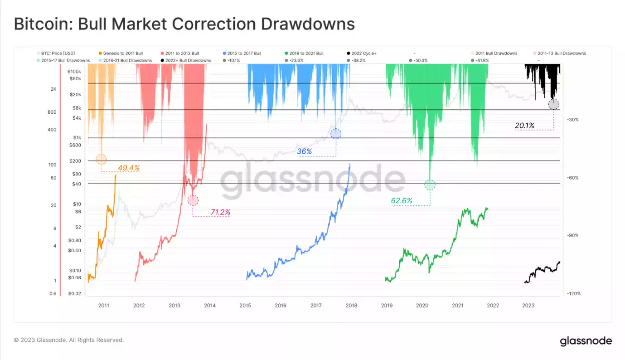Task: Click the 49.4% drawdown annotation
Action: [129, 168]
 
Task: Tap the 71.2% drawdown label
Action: [220, 212]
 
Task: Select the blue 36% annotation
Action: [305, 151]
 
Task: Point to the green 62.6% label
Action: [402, 200]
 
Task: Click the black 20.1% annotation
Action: [524, 126]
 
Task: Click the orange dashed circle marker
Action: [102, 159]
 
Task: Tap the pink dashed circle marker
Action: [193, 200]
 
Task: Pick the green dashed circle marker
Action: [430, 185]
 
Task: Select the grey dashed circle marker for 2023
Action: [553, 104]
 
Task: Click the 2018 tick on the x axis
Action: [351, 306]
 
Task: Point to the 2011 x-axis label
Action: [103, 306]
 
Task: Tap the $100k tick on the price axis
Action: [74, 72]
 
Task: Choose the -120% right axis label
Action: [573, 294]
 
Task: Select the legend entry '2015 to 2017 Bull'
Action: [245, 53]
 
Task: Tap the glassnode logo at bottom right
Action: [586, 341]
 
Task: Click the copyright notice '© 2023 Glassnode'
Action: [68, 340]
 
